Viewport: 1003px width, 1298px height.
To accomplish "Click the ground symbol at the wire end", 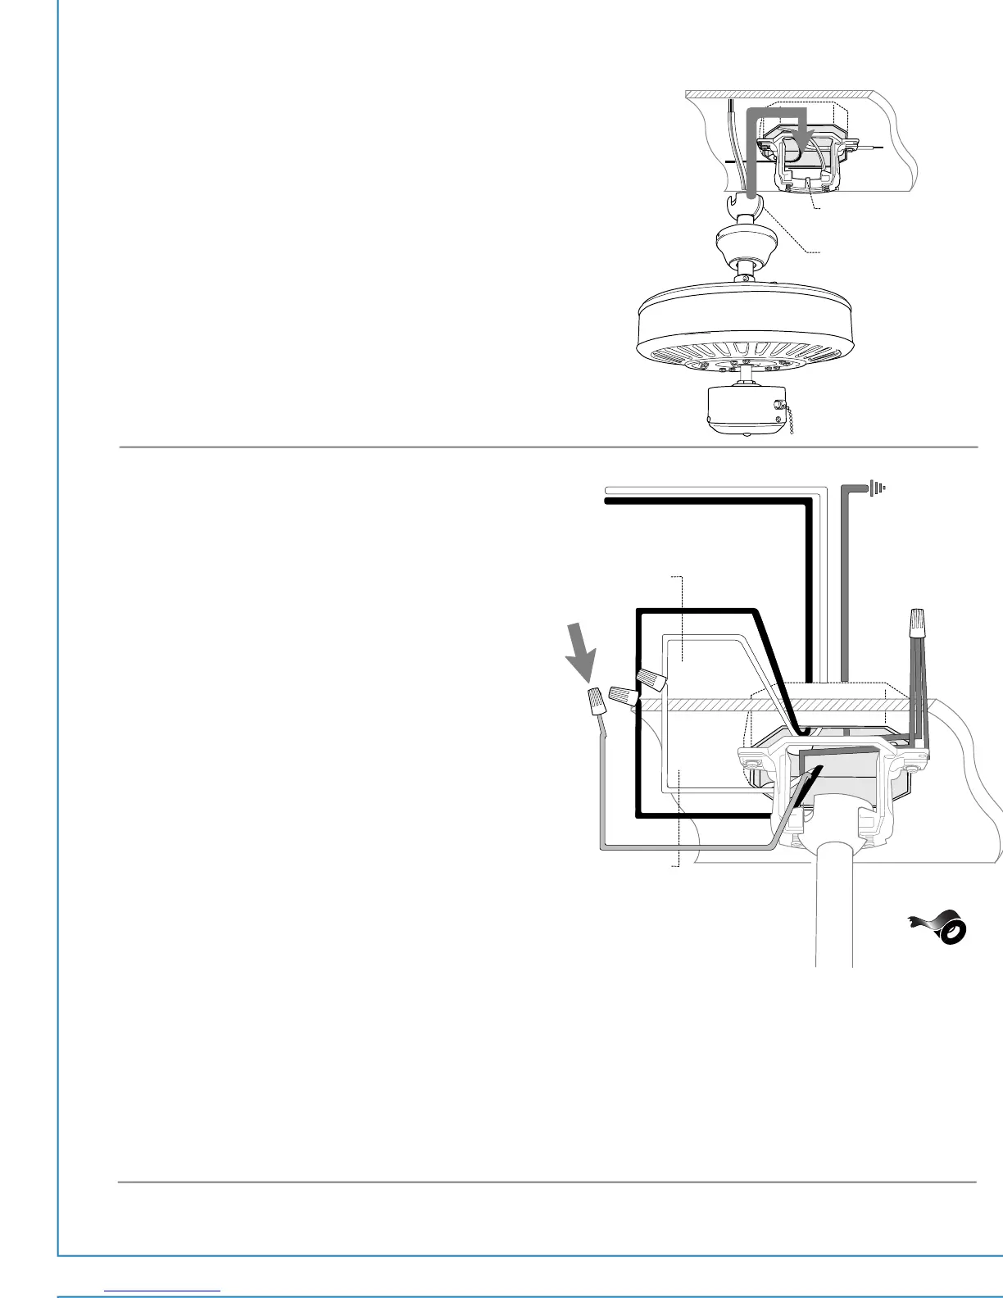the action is (878, 488).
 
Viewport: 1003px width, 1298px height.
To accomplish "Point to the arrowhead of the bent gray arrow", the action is (807, 138).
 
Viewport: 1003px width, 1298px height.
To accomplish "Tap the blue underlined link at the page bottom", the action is (163, 1290).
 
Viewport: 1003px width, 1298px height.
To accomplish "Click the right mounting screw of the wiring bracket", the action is (911, 769).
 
